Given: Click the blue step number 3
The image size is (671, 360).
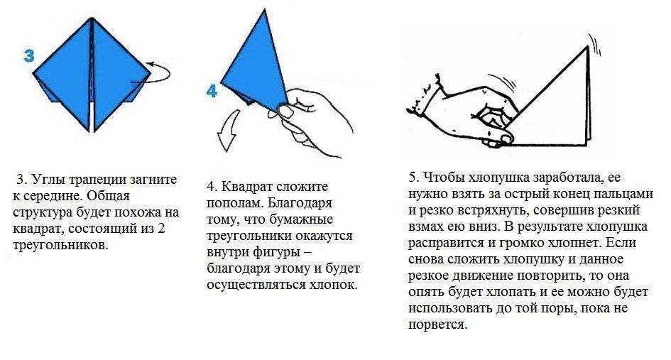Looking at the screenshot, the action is (29, 55).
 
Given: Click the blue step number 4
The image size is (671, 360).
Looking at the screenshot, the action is (212, 91).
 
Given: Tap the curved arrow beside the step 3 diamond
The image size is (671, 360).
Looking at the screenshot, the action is (159, 72).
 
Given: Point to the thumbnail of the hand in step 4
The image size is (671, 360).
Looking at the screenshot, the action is (285, 111).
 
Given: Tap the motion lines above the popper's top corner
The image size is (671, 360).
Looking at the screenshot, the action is (595, 45).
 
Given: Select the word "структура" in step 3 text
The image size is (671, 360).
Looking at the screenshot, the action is (43, 213).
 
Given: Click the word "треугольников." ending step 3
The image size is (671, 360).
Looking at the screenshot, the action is (60, 245).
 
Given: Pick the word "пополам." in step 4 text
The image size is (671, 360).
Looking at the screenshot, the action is (235, 203).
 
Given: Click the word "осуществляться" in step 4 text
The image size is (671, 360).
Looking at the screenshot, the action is (255, 285).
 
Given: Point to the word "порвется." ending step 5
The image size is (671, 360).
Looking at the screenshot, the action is (438, 325).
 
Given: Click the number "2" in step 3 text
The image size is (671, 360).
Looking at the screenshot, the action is (161, 229).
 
